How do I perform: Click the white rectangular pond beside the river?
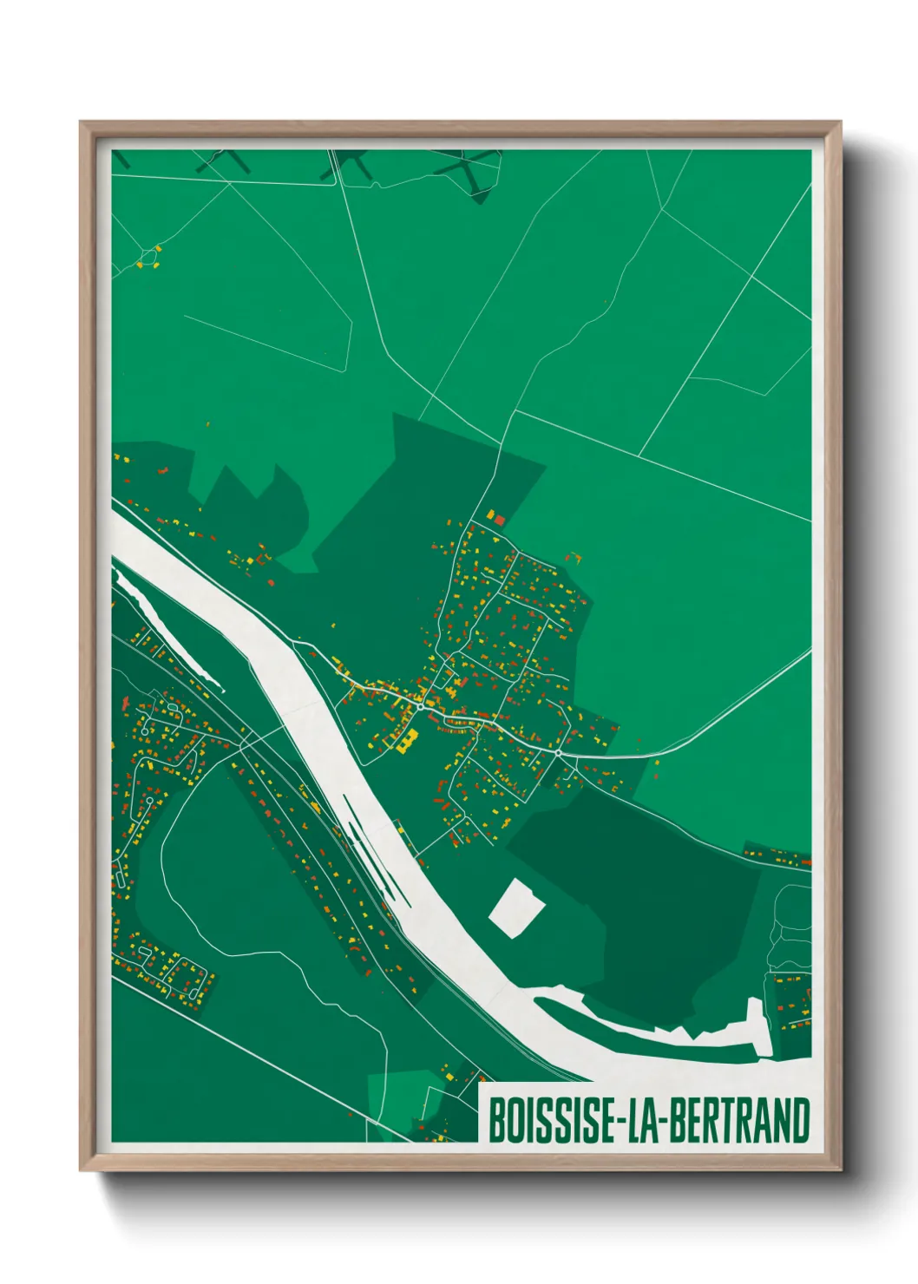516,907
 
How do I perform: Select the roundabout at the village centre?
420,707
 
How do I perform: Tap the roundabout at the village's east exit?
558,753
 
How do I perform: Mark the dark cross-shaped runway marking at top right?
469,169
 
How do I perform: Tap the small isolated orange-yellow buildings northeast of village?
573,558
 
